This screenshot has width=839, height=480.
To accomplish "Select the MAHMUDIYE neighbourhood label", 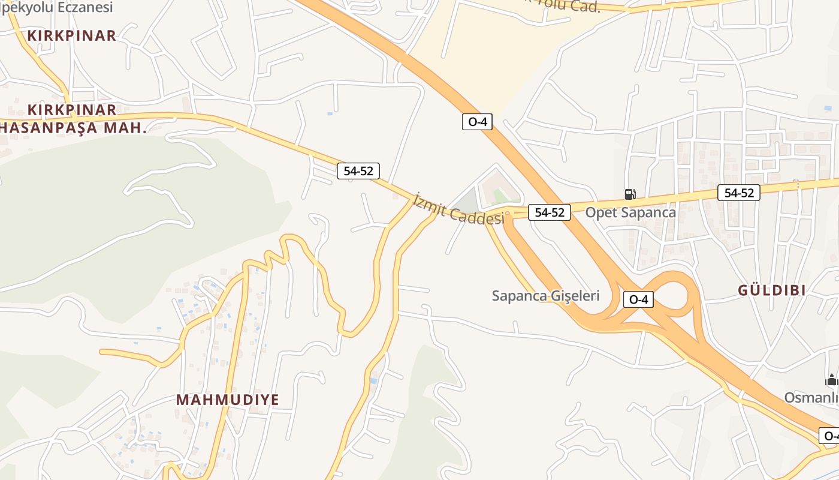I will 228,400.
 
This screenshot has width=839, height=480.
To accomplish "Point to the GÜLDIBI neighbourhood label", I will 771,290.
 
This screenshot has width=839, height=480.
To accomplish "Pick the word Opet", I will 601,212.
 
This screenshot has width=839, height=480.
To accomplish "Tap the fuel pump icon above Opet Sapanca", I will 630,194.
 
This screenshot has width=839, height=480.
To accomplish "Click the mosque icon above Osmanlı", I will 831,380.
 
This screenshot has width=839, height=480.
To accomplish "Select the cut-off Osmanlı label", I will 812,398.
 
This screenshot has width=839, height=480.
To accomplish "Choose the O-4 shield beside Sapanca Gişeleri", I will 638,299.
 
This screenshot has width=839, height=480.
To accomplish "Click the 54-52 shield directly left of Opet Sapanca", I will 549,212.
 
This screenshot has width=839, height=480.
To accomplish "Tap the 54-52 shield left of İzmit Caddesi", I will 358,171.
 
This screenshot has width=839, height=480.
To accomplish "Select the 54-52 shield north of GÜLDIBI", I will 739,193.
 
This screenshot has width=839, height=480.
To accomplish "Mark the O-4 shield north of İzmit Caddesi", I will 477,122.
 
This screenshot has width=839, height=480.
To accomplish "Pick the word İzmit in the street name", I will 430,202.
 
